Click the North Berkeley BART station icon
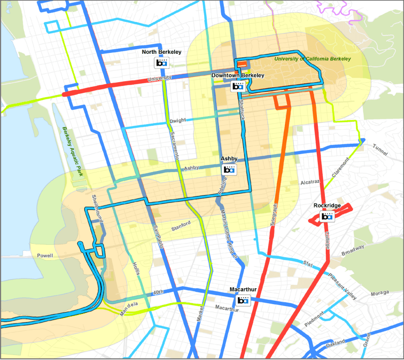[x=161, y=62]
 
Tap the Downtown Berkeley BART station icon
[x=238, y=86]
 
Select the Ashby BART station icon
[x=229, y=170]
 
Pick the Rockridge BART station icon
[x=327, y=216]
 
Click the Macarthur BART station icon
[x=243, y=300]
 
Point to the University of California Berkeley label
[x=312, y=59]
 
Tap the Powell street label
[x=45, y=256]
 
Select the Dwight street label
[x=178, y=121]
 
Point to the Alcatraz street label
[x=308, y=182]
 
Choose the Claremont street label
[x=338, y=171]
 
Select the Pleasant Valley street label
[x=343, y=289]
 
